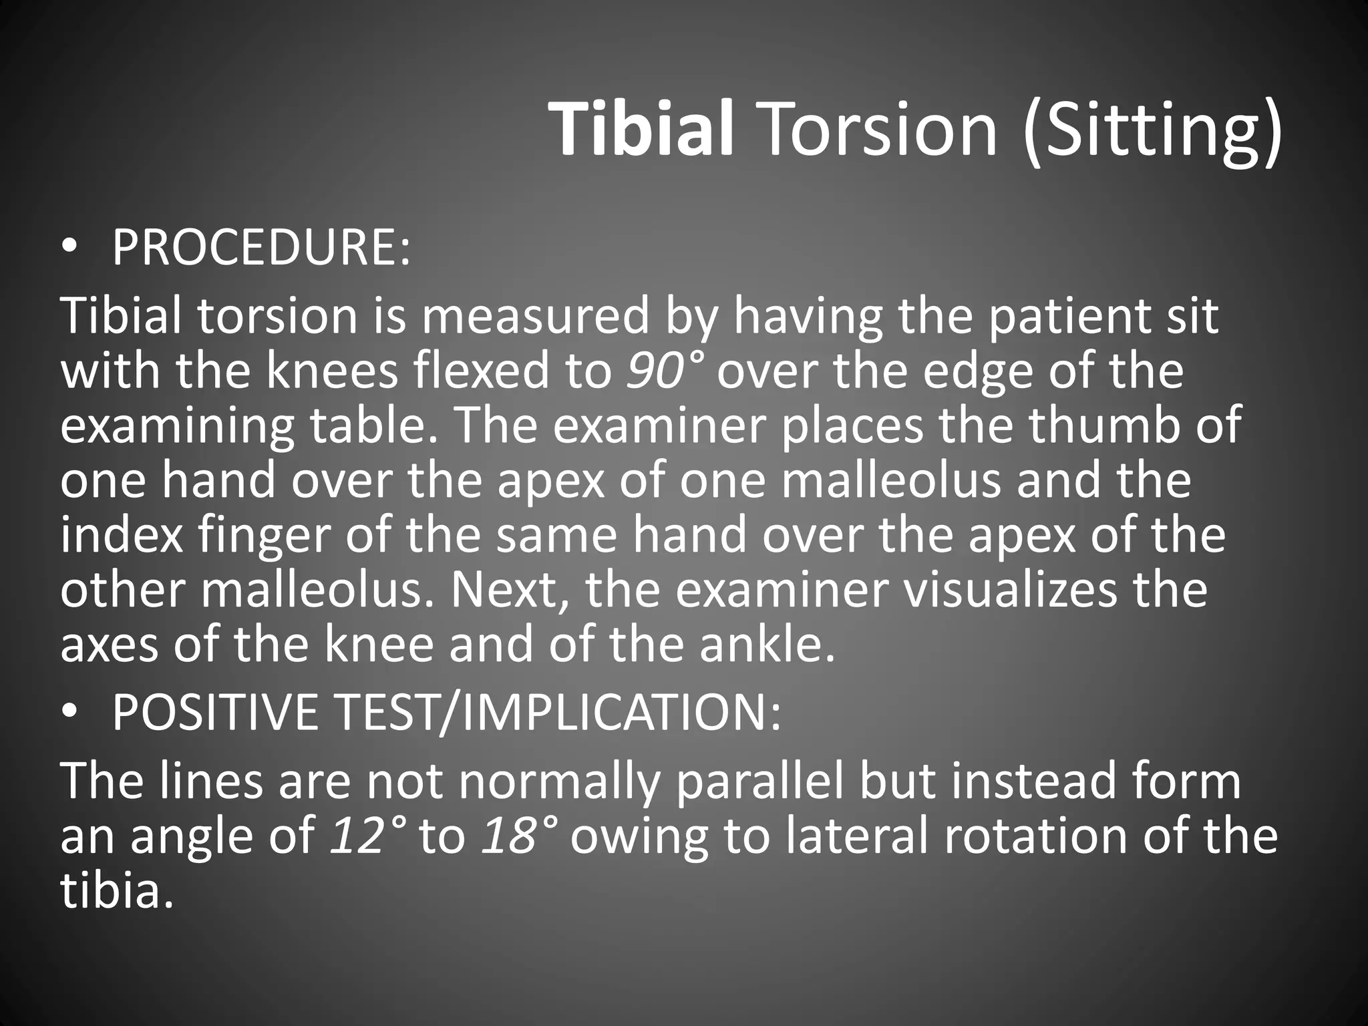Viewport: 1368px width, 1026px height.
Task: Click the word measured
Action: click(x=534, y=317)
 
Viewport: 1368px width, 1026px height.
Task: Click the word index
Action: click(x=122, y=536)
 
